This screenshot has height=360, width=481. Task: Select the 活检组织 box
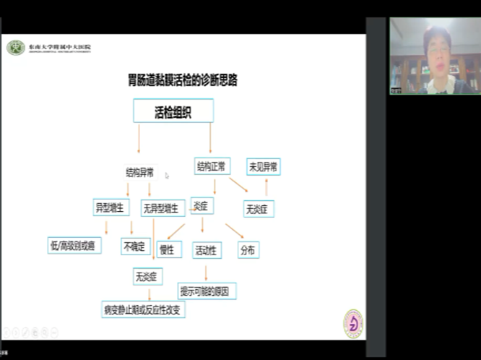(x=173, y=111)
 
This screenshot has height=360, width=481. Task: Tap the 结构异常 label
(x=139, y=173)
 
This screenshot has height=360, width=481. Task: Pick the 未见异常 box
(x=263, y=167)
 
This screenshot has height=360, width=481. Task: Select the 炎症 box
(x=201, y=207)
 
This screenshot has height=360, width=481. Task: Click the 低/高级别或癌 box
(x=75, y=246)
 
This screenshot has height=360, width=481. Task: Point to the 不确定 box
(x=135, y=247)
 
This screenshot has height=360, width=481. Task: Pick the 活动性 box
(x=207, y=251)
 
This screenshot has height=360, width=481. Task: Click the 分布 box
(x=248, y=250)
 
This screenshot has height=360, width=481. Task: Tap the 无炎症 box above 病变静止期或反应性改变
(x=148, y=275)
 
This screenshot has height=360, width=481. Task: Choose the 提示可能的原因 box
(x=207, y=291)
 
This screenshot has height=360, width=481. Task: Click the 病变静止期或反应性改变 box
(x=144, y=309)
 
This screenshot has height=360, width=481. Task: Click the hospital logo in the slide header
(x=15, y=48)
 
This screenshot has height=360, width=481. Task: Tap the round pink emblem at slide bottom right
(x=353, y=323)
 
